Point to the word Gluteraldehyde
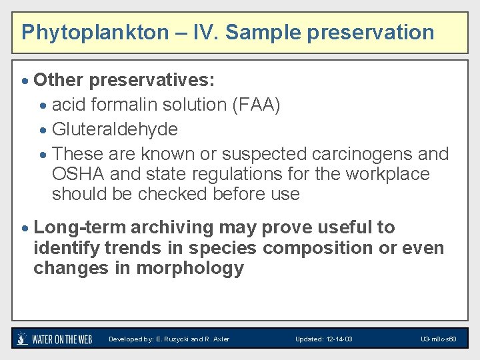[115, 129]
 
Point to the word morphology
[190, 269]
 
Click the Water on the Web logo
[55, 339]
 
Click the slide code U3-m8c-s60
[438, 339]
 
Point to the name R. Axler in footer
[217, 339]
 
